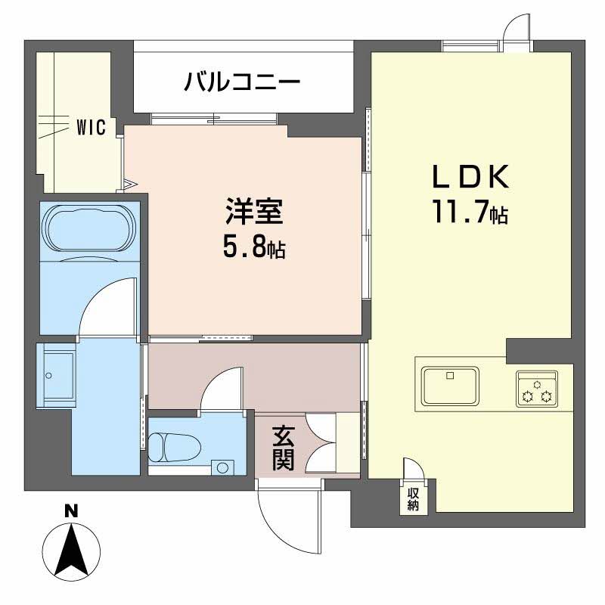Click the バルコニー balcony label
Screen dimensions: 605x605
243,81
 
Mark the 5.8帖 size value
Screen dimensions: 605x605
253,247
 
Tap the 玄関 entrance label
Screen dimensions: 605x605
283,448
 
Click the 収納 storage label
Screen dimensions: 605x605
413,500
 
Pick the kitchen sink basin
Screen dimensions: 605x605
450,386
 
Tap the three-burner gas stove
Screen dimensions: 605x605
536,387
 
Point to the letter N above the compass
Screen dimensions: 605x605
71,512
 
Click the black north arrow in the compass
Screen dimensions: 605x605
71,550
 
